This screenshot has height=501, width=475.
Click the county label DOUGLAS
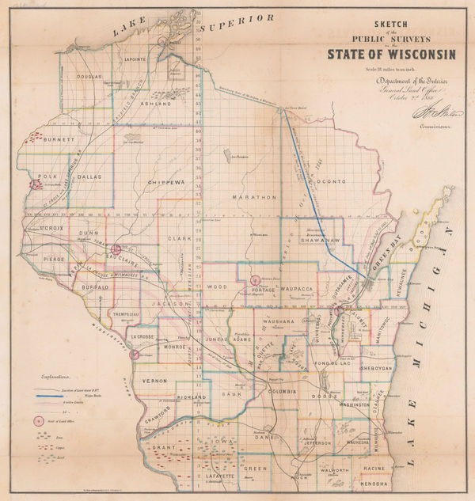89,77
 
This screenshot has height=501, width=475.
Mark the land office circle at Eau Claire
116,249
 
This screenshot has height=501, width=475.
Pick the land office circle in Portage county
255,279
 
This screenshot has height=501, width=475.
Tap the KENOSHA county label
374,482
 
